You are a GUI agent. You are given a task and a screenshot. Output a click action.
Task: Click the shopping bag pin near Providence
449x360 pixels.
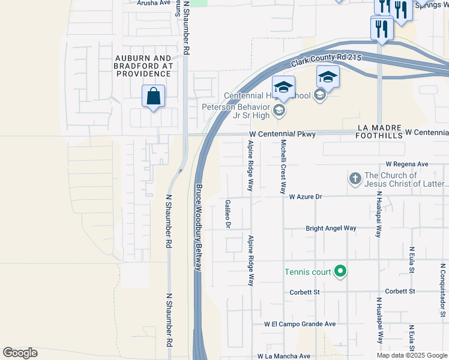[x=154, y=96]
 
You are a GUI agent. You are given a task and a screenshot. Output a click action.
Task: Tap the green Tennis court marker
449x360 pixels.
[x=340, y=272]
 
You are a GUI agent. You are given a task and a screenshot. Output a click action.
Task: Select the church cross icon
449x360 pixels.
[x=355, y=179]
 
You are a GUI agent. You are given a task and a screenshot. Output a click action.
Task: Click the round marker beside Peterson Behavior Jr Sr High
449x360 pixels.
[x=279, y=109]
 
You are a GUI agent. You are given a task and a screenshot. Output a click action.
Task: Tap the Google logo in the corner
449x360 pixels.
[x=20, y=353]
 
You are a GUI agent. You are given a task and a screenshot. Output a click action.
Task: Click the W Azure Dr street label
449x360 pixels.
[x=306, y=196]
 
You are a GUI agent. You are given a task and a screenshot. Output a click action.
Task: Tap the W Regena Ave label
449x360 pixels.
[x=407, y=164]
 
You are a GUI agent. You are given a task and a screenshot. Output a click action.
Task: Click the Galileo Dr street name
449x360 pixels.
[x=228, y=214]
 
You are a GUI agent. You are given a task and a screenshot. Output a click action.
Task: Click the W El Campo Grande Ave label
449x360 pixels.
[x=300, y=323]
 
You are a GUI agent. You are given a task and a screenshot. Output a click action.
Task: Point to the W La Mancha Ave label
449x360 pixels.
[x=284, y=356]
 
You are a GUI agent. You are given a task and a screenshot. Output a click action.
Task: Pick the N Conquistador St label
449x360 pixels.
[x=443, y=289]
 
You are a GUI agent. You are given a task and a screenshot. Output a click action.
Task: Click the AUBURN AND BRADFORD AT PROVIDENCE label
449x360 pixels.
[x=143, y=65]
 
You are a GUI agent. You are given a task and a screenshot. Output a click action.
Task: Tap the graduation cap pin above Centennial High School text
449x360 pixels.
[x=283, y=86]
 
